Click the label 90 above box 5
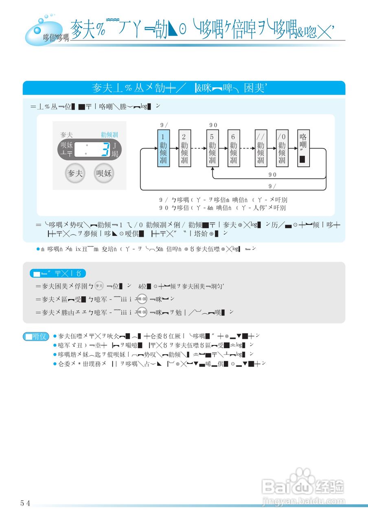[213, 125]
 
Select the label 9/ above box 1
[164, 125]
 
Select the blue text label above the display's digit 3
[110, 135]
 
